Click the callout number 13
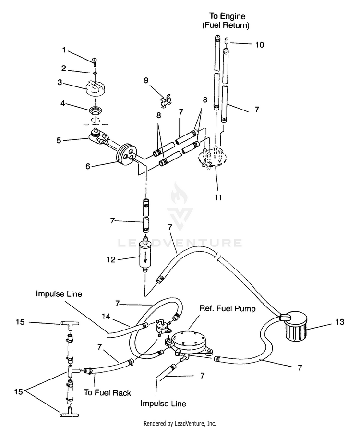(x=339, y=322)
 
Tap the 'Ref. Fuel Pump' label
(x=228, y=309)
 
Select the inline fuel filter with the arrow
(x=145, y=255)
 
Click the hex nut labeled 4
(x=95, y=110)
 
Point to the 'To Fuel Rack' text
(x=108, y=393)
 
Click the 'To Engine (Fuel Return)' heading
(x=226, y=21)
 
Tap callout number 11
(x=218, y=197)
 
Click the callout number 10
(x=260, y=45)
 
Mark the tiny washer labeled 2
(x=95, y=73)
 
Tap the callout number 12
(x=111, y=259)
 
